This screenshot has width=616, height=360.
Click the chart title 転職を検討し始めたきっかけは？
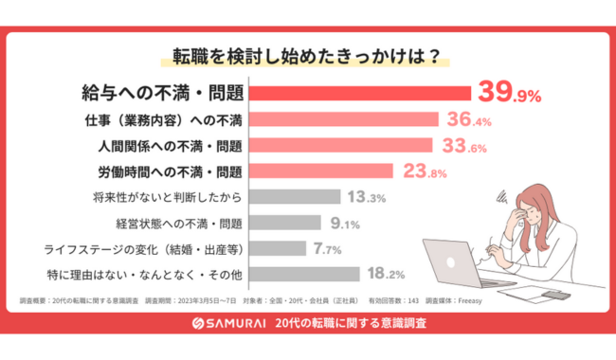[305, 53]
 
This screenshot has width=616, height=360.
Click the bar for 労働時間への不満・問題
[323, 171]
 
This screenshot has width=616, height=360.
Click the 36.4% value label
[470, 119]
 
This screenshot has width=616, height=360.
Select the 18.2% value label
[387, 275]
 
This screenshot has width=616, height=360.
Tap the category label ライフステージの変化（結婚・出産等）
[144, 249]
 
